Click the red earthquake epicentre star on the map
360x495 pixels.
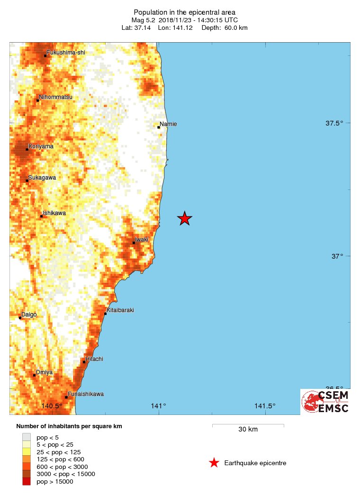pyautogui.click(x=185, y=218)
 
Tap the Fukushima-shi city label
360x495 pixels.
pyautogui.click(x=66, y=52)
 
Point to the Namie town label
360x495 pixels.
pyautogui.click(x=168, y=124)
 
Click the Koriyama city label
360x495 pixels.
pyautogui.click(x=41, y=146)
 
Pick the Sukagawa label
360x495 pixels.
pyautogui.click(x=42, y=178)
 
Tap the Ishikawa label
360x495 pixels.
pyautogui.click(x=54, y=213)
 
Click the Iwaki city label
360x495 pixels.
pyautogui.click(x=142, y=240)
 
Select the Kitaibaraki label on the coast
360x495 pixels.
pyautogui.click(x=120, y=310)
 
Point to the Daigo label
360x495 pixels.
pyautogui.click(x=29, y=315)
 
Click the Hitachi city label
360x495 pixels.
pyautogui.click(x=94, y=359)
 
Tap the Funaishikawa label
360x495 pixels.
pyautogui.click(x=86, y=394)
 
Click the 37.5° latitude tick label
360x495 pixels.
pyautogui.click(x=334, y=123)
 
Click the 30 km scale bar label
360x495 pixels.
pyautogui.click(x=248, y=430)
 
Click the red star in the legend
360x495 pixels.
pyautogui.click(x=214, y=463)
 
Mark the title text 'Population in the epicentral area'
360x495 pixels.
pyautogui.click(x=184, y=12)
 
